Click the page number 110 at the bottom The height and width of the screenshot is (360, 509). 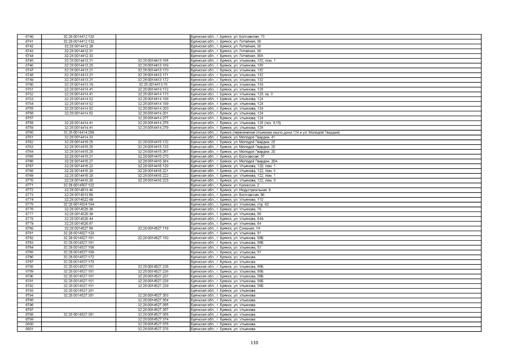(x=254, y=343)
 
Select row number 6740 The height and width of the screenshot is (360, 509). (x=29, y=37)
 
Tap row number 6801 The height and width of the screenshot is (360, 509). (x=29, y=329)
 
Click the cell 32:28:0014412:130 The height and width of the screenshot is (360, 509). (x=79, y=37)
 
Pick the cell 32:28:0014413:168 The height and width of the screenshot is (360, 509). (x=153, y=61)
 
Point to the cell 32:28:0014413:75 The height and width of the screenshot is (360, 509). (x=153, y=85)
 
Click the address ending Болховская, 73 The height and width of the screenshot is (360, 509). (x=228, y=37)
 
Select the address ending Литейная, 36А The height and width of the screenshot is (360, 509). (x=227, y=56)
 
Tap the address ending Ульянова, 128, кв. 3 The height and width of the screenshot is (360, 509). (x=231, y=94)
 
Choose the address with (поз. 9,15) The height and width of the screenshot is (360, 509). (x=236, y=123)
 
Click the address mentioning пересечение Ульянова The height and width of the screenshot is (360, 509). (x=265, y=133)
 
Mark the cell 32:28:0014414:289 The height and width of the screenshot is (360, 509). (x=79, y=133)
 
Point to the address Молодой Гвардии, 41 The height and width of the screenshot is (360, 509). (x=233, y=137)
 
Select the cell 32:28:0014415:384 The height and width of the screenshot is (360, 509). (x=153, y=161)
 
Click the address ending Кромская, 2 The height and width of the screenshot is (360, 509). (x=225, y=185)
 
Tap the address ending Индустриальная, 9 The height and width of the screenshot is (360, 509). (x=231, y=190)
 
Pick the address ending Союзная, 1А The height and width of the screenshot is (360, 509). (x=225, y=228)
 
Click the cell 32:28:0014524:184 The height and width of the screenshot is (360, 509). (x=79, y=204)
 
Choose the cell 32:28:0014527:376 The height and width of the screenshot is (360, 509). (x=153, y=329)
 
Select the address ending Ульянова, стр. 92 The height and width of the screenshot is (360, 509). (x=230, y=204)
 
